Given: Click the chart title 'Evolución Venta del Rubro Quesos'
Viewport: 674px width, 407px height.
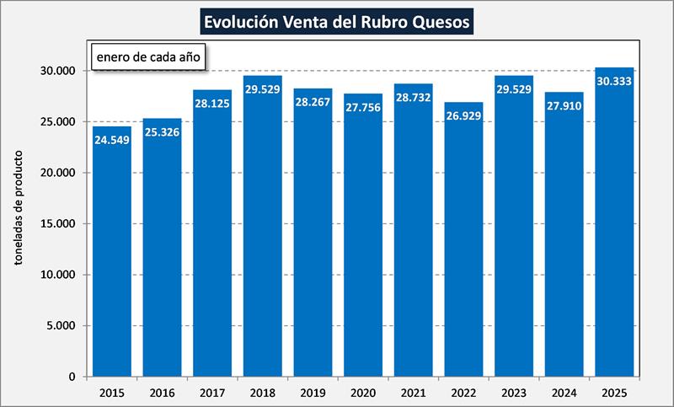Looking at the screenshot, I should (x=337, y=19).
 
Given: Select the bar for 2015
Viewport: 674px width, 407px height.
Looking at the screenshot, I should (x=112, y=253).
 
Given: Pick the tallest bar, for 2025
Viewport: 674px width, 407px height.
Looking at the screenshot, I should (x=614, y=228).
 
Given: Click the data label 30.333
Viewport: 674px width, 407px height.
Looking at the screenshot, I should (x=614, y=81).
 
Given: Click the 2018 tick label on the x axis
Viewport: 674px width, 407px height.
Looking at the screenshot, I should (x=263, y=392).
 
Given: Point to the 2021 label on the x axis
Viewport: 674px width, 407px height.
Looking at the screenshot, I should (x=414, y=392).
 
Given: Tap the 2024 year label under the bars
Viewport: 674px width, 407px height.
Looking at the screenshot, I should (x=564, y=392).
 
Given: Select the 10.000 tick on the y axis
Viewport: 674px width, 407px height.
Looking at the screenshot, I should (x=59, y=275).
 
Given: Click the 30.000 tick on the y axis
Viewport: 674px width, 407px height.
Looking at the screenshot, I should (x=59, y=71).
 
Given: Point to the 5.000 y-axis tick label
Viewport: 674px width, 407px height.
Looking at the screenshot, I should (x=62, y=326).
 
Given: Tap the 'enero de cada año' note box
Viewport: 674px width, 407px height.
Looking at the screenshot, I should (x=147, y=59).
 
